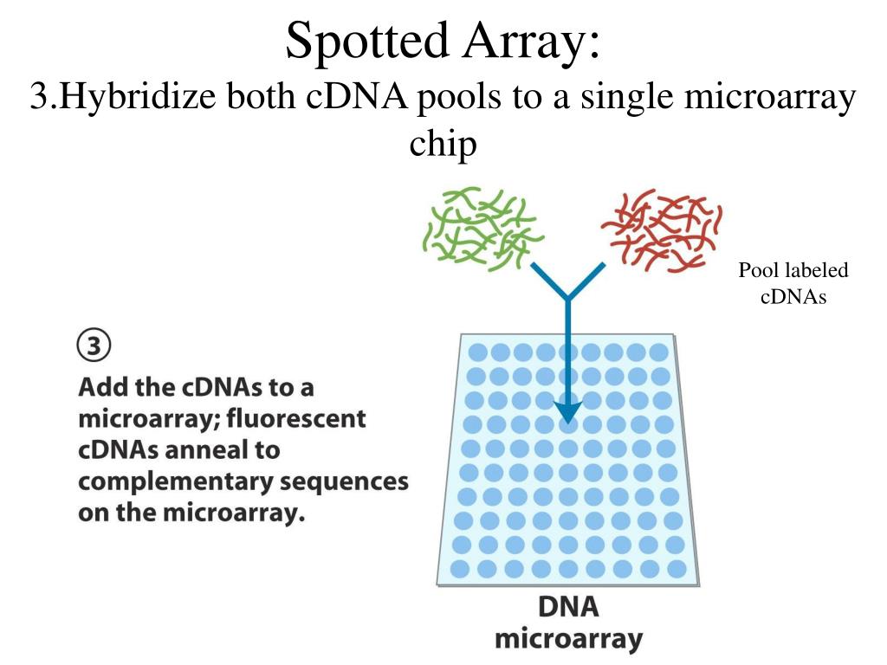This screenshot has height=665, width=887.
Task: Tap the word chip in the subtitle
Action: click(443, 144)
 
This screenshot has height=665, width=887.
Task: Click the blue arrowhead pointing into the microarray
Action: click(567, 409)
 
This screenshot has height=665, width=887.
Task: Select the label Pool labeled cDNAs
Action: click(793, 283)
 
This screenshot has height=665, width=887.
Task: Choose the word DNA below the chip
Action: click(568, 607)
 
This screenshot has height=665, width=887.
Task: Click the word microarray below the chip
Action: click(568, 639)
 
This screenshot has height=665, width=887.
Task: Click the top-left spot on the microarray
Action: click(477, 353)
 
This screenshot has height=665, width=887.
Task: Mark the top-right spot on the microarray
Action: click(659, 353)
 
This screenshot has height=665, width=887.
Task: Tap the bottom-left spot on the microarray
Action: click(461, 569)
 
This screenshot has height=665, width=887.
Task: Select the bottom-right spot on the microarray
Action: click(677, 569)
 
